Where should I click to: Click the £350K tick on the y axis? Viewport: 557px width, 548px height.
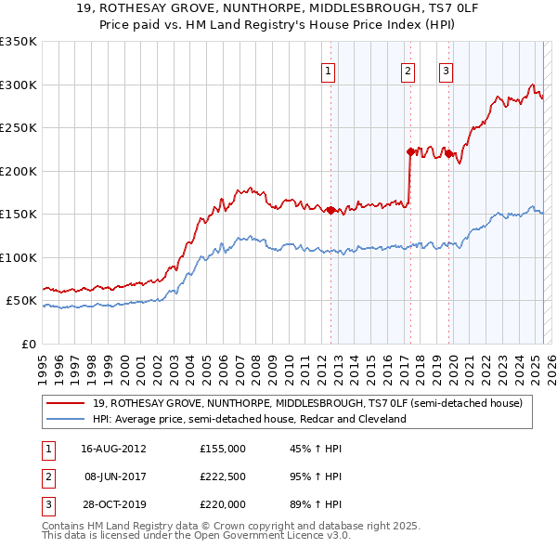(x=19, y=42)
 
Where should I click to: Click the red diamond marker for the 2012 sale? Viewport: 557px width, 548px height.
(x=330, y=210)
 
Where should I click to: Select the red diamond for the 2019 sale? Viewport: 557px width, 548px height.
(x=448, y=154)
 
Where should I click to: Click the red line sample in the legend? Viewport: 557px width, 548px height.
(x=65, y=404)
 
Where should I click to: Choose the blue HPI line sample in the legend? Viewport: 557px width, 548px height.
(x=65, y=420)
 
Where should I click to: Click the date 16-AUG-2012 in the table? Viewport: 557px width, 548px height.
(x=113, y=449)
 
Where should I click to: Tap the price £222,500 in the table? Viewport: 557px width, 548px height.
(x=223, y=476)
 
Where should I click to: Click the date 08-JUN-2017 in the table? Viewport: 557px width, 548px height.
(x=113, y=476)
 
